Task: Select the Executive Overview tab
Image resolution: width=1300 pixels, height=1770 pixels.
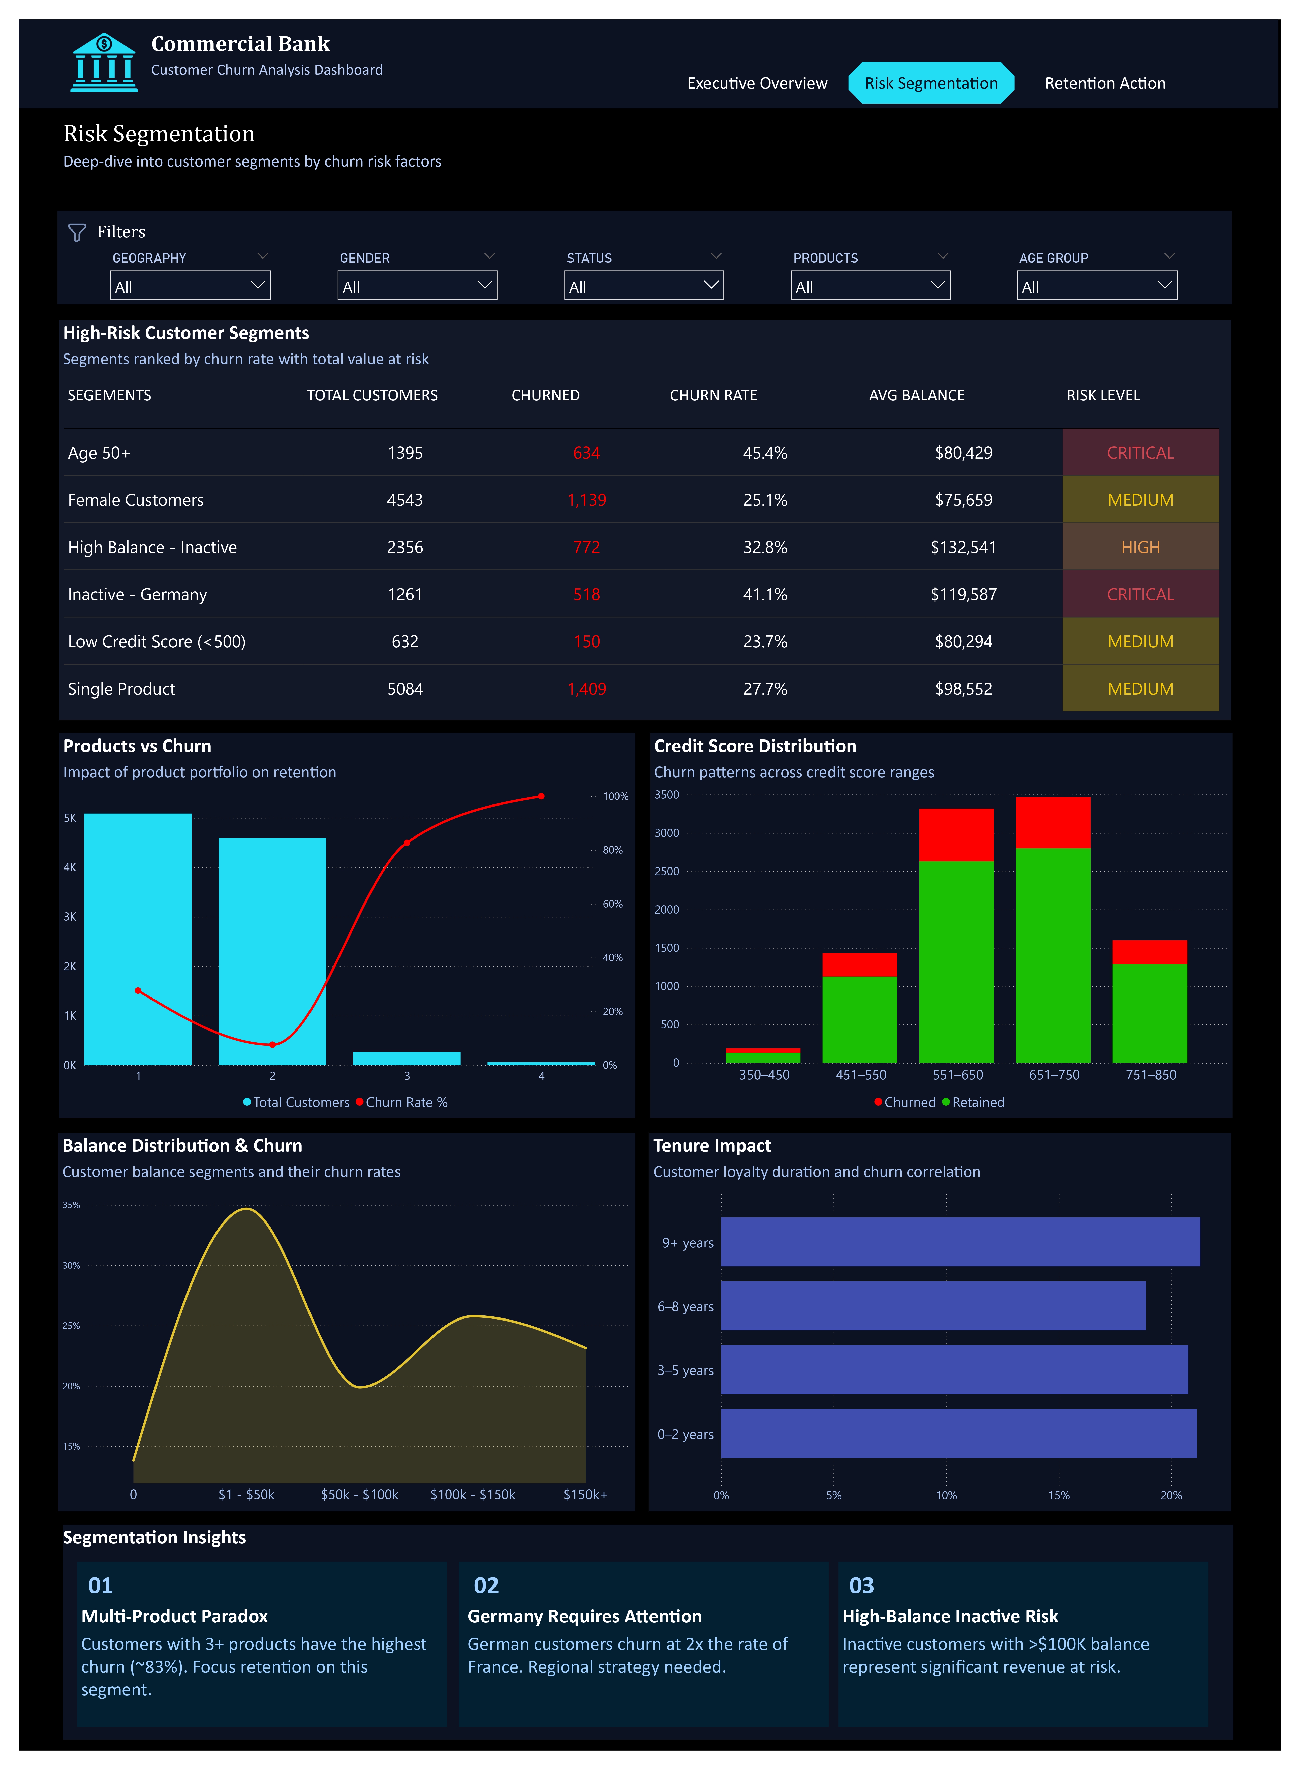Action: (757, 83)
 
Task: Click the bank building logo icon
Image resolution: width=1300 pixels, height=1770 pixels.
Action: (104, 63)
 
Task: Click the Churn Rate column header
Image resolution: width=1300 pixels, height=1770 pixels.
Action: (713, 395)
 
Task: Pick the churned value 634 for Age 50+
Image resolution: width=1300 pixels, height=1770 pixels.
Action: (586, 453)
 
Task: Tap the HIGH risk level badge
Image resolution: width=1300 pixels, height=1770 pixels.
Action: (1140, 548)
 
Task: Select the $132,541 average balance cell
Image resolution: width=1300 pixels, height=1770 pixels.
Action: (963, 548)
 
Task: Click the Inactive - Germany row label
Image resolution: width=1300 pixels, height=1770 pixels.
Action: (138, 595)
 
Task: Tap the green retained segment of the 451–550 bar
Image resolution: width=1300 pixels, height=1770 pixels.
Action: (859, 1019)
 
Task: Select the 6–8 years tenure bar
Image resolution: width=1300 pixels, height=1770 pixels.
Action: (933, 1306)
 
